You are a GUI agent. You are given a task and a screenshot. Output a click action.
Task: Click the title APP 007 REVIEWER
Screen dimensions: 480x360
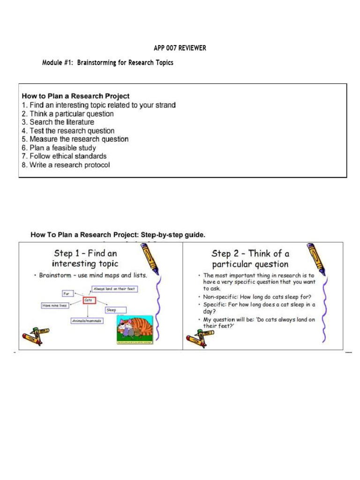click(180, 48)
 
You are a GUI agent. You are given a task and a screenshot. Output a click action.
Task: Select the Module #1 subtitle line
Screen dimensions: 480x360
click(108, 63)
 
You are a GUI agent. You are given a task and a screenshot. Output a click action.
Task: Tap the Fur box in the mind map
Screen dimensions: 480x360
click(67, 293)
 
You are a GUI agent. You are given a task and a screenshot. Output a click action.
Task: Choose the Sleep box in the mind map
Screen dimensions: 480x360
click(112, 310)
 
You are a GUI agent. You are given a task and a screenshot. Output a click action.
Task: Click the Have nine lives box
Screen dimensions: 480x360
click(55, 306)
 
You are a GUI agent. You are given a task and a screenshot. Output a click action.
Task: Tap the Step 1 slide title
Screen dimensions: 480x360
click(86, 258)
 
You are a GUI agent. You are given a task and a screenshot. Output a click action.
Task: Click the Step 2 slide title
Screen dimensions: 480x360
click(250, 259)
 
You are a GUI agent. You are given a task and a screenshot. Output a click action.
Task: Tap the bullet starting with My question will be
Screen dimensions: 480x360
click(259, 322)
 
